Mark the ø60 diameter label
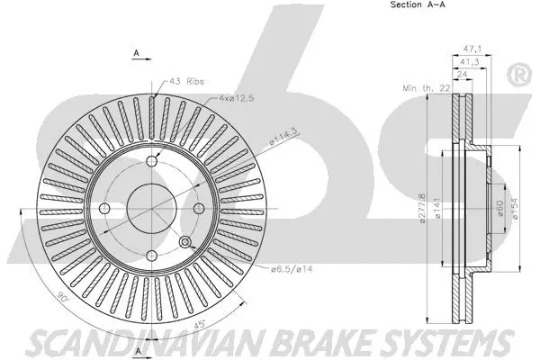[x=496, y=209]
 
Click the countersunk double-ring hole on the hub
[x=186, y=242]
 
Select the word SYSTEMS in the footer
[x=450, y=344]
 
